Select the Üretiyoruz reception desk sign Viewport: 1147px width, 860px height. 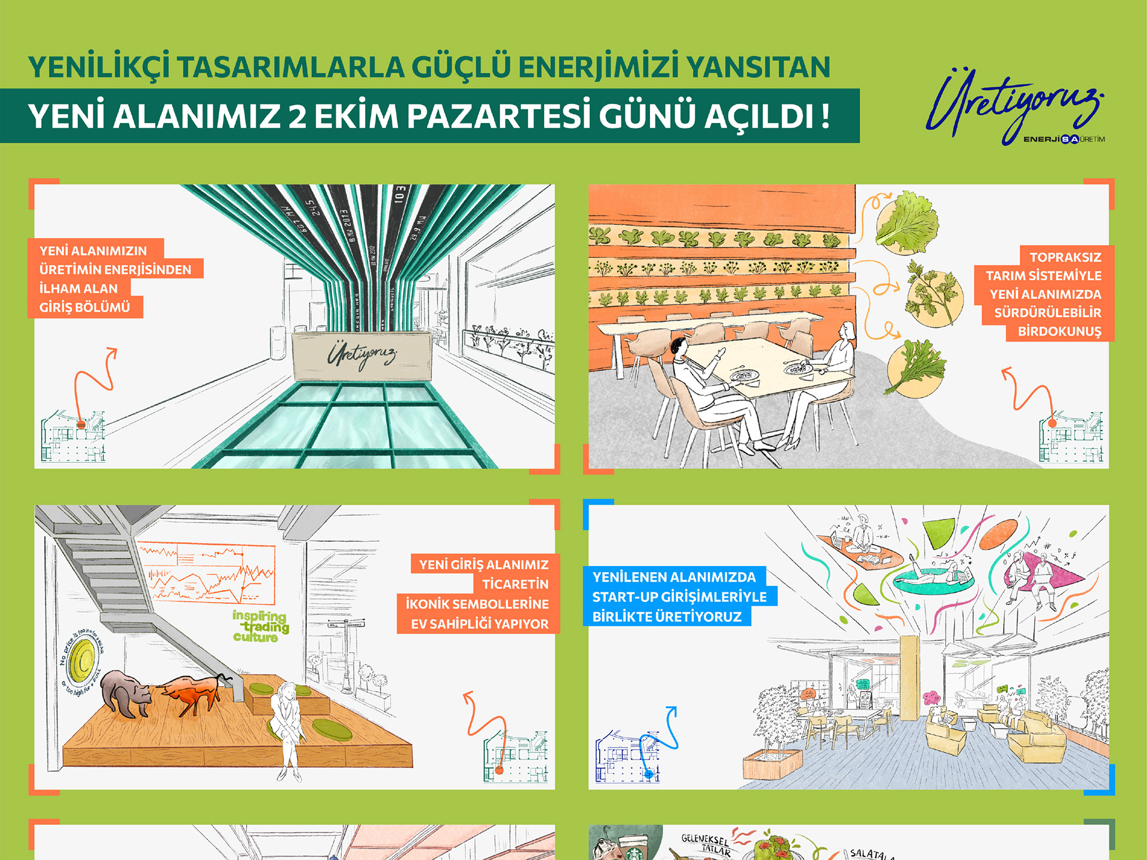click(x=361, y=356)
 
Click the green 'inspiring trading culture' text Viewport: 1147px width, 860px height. click(x=260, y=626)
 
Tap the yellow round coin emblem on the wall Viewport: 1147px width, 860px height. click(x=82, y=662)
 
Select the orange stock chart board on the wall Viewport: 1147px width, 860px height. click(x=206, y=573)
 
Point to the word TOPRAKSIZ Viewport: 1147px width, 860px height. click(x=1065, y=257)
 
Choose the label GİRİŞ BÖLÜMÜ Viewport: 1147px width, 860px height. click(x=85, y=308)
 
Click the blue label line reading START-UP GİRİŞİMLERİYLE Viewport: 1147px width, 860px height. click(x=679, y=597)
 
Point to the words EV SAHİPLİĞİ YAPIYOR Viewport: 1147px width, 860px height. click(x=479, y=624)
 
